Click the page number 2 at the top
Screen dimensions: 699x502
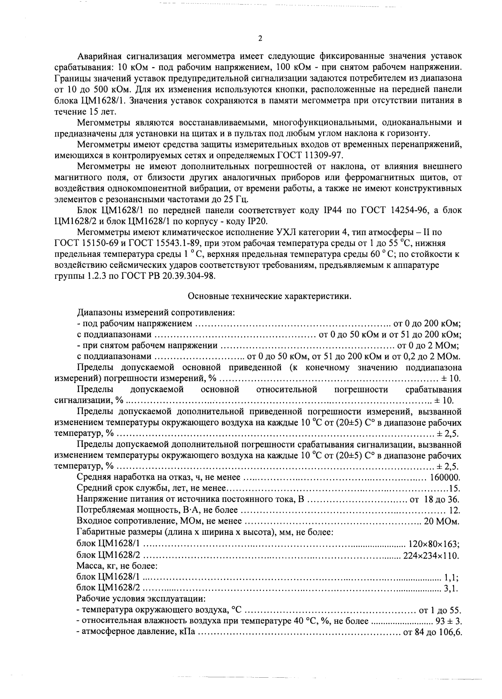coord(260,38)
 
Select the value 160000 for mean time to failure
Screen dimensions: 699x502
coord(445,477)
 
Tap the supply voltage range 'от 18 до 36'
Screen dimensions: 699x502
coord(435,499)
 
